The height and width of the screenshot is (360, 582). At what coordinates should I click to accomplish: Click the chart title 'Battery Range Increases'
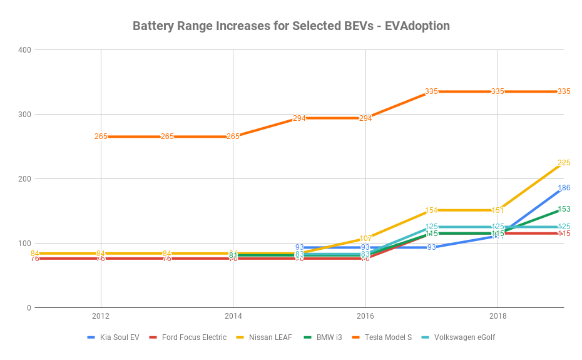point(290,26)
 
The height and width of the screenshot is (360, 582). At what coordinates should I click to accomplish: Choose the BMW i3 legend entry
point(328,337)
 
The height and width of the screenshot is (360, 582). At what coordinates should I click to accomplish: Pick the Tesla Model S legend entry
point(388,337)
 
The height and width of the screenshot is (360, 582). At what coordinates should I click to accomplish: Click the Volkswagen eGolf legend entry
point(466,337)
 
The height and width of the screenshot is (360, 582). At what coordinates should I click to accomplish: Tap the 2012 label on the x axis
point(101,316)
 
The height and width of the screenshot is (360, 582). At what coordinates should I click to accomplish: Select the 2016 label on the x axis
point(365,316)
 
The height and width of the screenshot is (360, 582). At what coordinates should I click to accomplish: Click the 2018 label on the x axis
point(498,316)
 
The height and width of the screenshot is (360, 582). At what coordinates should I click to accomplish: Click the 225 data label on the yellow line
point(563,163)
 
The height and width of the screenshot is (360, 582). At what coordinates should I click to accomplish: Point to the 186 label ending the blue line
point(563,188)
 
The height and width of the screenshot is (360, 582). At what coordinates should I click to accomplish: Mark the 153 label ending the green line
point(563,209)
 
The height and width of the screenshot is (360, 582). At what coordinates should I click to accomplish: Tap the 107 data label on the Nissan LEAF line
point(365,239)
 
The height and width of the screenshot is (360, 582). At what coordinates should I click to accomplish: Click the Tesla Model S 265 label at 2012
point(101,136)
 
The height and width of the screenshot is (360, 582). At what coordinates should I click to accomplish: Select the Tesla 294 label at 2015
point(299,118)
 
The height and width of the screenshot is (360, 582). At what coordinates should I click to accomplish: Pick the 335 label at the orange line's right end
point(563,91)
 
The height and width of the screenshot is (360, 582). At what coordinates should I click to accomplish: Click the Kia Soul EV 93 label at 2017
point(432,247)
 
